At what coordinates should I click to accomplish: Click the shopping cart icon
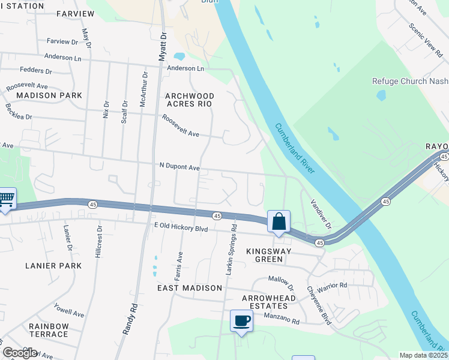6,199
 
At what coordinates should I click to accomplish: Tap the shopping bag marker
279,221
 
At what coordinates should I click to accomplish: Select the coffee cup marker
241,320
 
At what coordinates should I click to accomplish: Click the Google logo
19,353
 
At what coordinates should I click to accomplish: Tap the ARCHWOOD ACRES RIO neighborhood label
189,100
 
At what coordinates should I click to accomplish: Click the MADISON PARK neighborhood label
41,95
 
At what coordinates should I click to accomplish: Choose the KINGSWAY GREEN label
269,255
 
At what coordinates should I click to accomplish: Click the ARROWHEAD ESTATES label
270,302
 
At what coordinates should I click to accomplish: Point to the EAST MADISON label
190,288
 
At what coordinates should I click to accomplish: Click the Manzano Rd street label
281,318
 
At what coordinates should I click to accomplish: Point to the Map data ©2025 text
423,355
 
